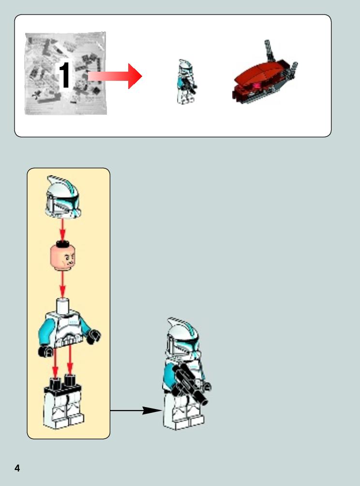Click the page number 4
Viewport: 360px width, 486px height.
tap(17, 468)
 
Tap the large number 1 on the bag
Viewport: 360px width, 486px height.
tap(65, 76)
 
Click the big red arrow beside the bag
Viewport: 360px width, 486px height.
tap(115, 76)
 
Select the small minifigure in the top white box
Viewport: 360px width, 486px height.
tap(186, 81)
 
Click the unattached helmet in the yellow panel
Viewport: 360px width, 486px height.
tap(62, 197)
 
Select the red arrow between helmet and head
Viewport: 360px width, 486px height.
tap(62, 230)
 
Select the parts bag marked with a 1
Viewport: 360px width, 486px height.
tap(66, 74)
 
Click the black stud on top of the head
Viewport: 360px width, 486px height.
tap(62, 244)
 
